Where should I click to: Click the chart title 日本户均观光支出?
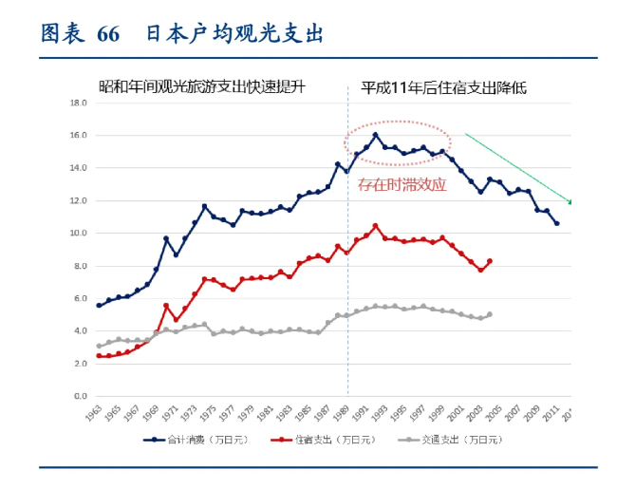(234, 33)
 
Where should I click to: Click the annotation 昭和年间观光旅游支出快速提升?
(208, 87)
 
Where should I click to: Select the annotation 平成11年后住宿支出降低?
(443, 87)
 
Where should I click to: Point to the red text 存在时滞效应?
(402, 184)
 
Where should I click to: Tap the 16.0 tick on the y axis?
(79, 135)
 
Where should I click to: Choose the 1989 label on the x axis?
(342, 414)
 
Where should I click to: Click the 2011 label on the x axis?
(551, 414)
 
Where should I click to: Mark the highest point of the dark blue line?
(376, 135)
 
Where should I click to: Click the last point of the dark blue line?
(556, 223)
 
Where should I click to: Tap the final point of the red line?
(490, 261)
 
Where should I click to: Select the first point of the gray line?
(100, 347)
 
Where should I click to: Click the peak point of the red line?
(376, 226)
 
